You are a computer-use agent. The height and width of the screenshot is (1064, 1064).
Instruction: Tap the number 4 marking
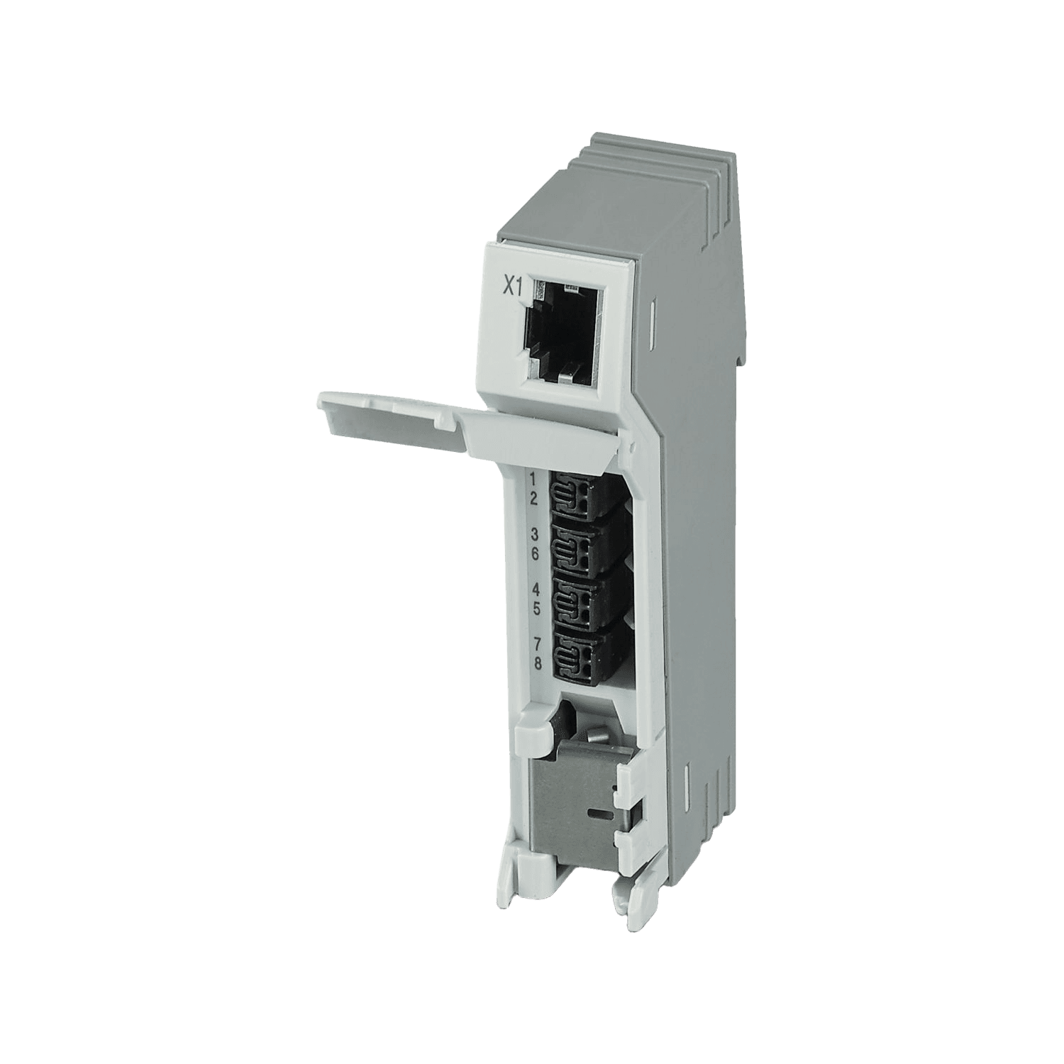[536, 590]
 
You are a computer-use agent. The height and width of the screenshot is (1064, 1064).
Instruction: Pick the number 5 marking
[536, 608]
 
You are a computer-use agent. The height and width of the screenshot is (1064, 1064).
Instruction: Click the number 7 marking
[537, 645]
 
